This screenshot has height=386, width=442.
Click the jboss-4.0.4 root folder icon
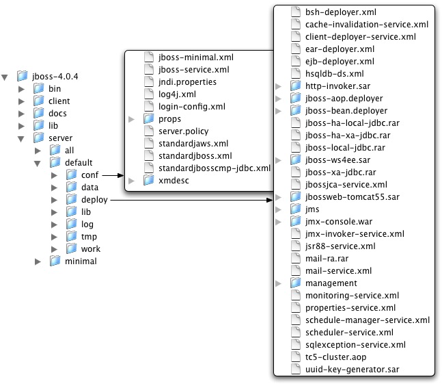click(x=23, y=76)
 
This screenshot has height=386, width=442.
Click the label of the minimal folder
click(x=81, y=261)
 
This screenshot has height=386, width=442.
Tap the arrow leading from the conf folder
click(x=112, y=175)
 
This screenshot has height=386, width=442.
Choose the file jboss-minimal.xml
click(x=195, y=57)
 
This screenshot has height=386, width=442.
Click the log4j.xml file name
click(x=176, y=94)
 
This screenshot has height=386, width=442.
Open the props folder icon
click(x=148, y=118)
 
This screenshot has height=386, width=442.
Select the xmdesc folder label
click(x=174, y=181)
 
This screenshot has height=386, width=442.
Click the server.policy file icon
click(x=148, y=131)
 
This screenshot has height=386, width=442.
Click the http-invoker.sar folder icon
click(x=295, y=86)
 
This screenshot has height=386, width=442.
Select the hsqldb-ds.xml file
click(x=334, y=73)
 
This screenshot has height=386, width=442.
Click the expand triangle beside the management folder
click(x=278, y=283)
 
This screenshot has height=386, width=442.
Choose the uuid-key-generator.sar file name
click(x=352, y=369)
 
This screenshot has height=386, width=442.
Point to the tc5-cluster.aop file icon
click(x=295, y=357)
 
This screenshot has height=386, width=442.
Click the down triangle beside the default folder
click(x=39, y=163)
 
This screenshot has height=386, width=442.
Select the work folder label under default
click(x=90, y=249)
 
